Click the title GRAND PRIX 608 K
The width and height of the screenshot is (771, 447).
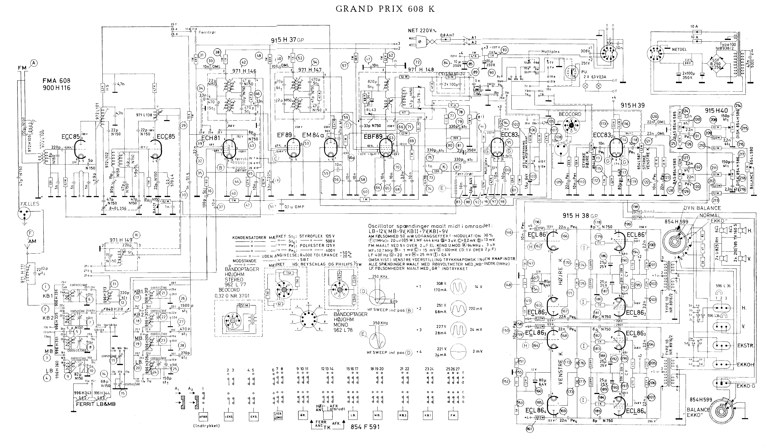pyautogui.click(x=385, y=9)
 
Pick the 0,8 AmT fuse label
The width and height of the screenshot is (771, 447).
pyautogui.click(x=447, y=35)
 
